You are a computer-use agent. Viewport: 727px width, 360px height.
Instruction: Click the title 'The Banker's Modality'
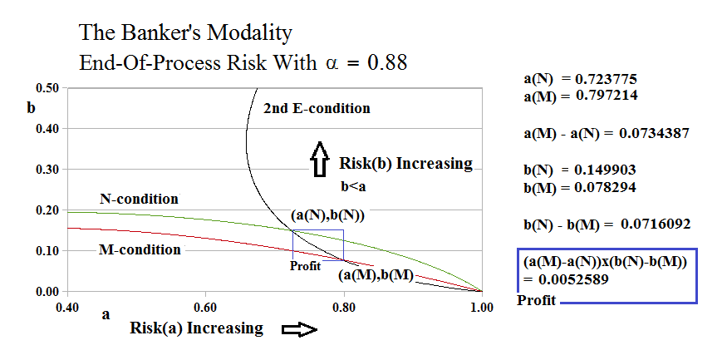coord(184,34)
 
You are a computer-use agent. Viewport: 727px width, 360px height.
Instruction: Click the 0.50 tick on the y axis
coord(49,88)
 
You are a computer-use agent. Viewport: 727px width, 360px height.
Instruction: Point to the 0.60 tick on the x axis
coord(205,307)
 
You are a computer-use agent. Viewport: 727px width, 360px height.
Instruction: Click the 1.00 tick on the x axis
coord(482,307)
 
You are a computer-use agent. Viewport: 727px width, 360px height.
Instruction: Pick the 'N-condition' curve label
coord(139,200)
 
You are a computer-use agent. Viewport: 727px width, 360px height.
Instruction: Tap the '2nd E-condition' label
coord(317,109)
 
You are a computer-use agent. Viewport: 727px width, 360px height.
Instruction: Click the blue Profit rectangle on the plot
coord(317,244)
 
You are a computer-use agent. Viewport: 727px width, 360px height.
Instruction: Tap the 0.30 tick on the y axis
coord(49,170)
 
